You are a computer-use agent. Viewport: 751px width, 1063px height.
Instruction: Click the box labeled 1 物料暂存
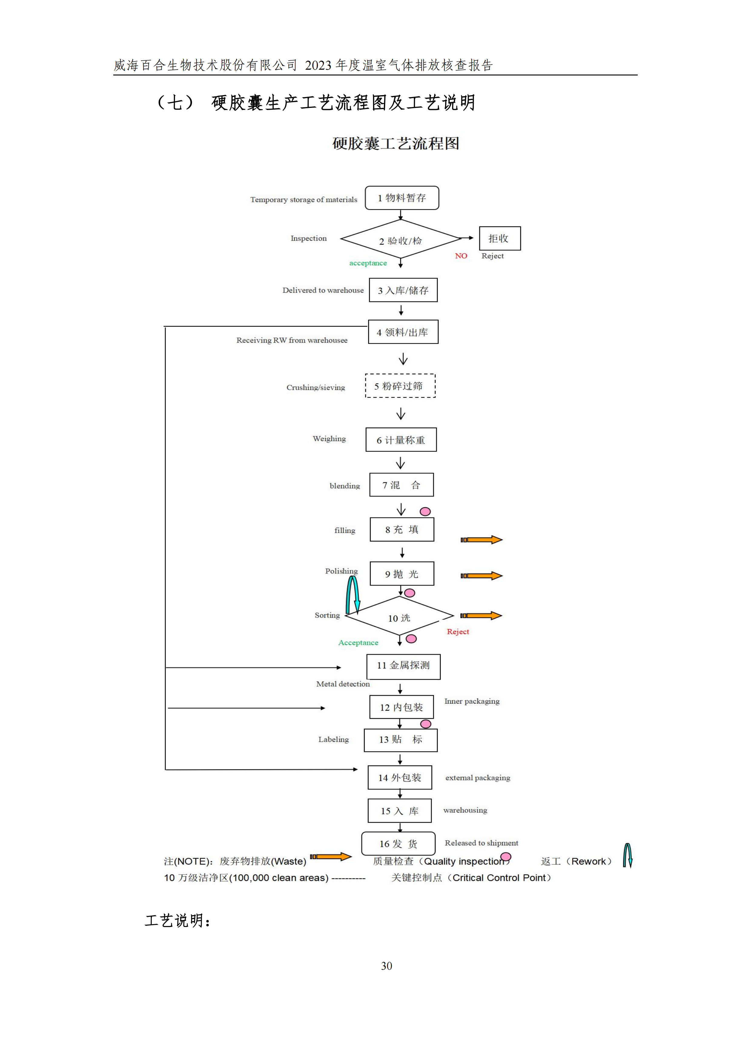point(402,198)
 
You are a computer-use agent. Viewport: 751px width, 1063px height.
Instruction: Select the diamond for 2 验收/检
point(401,239)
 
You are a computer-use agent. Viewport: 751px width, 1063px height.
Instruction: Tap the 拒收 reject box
point(499,238)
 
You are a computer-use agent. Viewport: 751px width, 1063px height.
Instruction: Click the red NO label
point(461,256)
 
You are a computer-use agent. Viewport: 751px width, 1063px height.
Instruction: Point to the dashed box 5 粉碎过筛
point(400,386)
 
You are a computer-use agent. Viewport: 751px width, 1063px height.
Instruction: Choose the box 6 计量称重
point(401,440)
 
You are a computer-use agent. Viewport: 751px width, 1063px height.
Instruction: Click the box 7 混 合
point(401,485)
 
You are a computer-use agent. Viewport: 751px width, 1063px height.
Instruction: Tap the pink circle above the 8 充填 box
point(425,512)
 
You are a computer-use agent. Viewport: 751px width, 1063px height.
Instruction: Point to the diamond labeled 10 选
point(399,617)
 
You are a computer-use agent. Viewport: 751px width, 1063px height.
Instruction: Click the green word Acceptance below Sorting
point(358,643)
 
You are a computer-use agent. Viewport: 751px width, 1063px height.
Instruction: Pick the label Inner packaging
point(472,701)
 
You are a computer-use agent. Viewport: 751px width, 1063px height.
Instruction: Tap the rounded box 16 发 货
point(398,844)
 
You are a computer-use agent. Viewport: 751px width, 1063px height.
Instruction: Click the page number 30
point(386,966)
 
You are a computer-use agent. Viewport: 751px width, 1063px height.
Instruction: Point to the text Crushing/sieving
point(316,388)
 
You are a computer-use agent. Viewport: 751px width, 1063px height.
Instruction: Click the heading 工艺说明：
point(178,920)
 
